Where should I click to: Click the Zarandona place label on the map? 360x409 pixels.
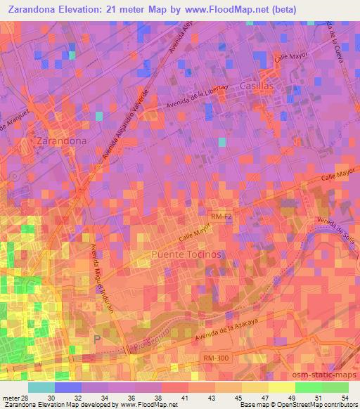pos(60,141)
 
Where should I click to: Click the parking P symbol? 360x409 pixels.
pos(97,339)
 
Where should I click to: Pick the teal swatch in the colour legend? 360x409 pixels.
pos(41,387)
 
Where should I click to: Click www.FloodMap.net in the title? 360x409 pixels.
pos(233,9)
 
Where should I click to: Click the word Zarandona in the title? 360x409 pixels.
pos(31,9)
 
